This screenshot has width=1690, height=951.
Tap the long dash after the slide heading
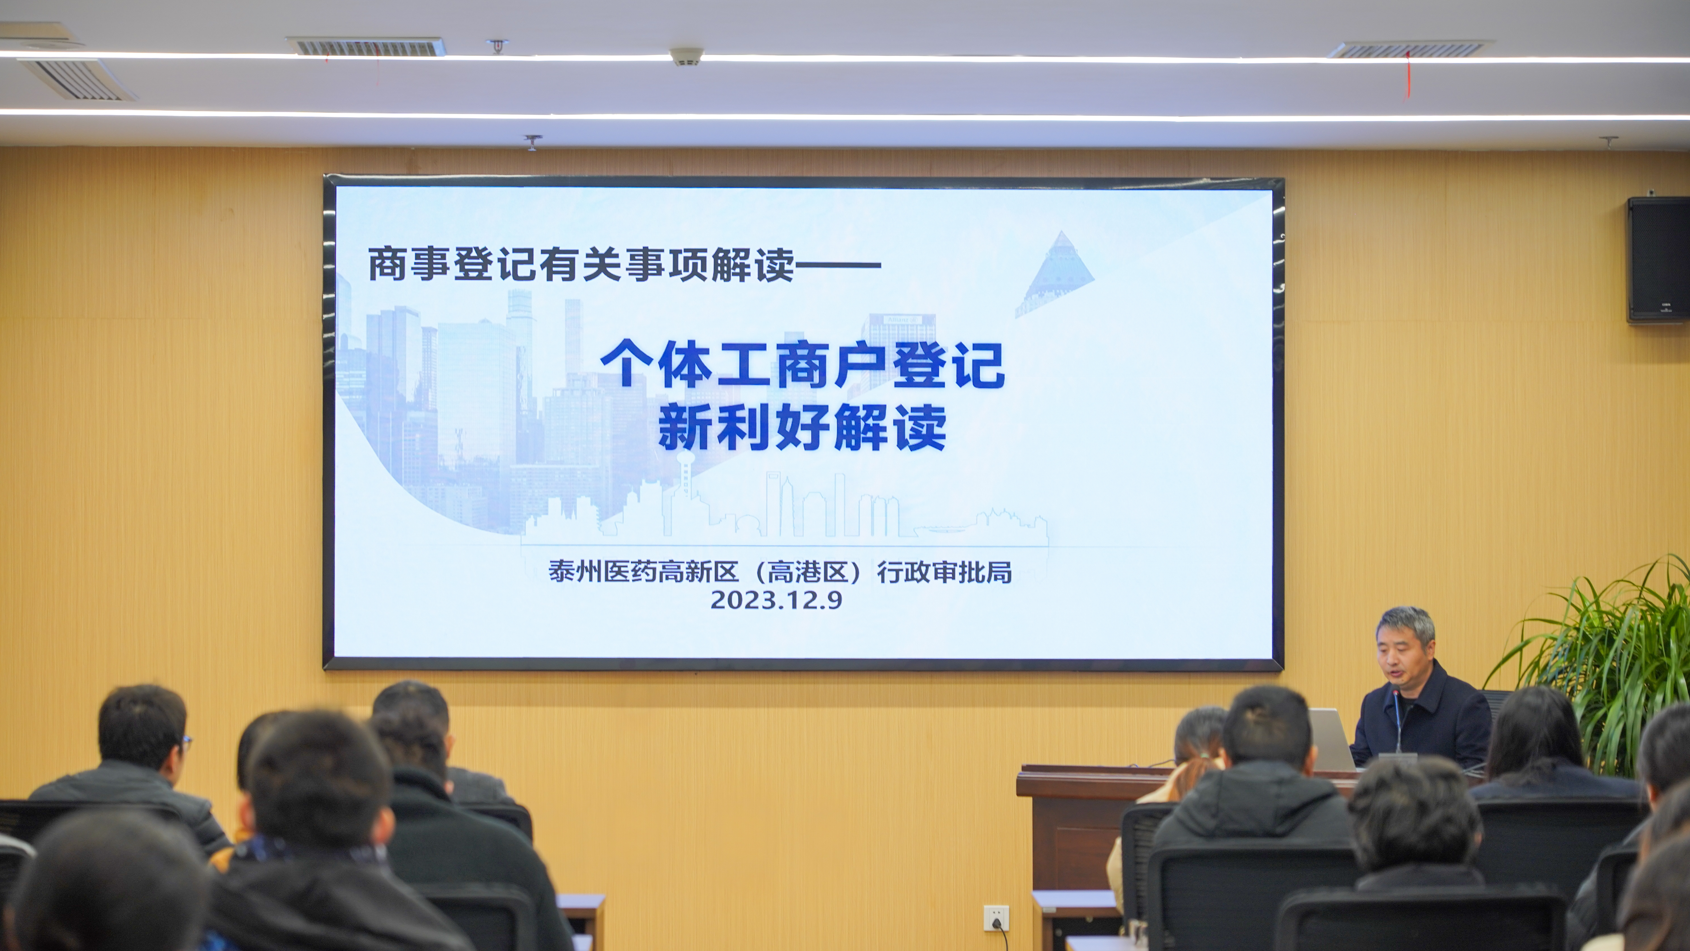tap(837, 265)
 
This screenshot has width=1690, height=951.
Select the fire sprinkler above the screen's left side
tap(532, 143)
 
